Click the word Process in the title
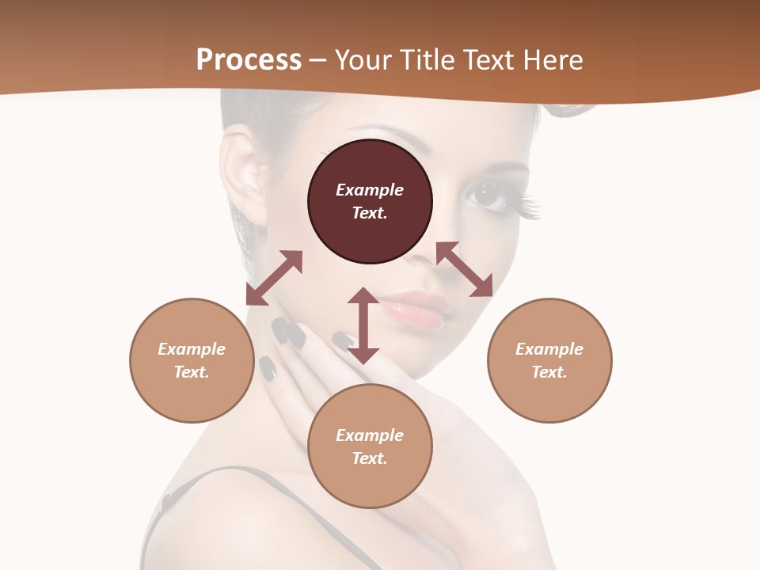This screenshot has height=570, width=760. point(249,60)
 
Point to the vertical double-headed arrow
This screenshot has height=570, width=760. point(363,325)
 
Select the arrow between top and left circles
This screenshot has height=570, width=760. point(274,278)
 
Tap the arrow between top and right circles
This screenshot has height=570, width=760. point(464,269)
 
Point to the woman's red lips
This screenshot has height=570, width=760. point(416,309)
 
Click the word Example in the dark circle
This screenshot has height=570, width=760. point(370,190)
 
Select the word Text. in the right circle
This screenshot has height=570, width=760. point(549,372)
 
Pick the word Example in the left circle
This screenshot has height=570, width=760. point(192,349)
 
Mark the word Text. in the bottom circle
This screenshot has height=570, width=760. point(370,458)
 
